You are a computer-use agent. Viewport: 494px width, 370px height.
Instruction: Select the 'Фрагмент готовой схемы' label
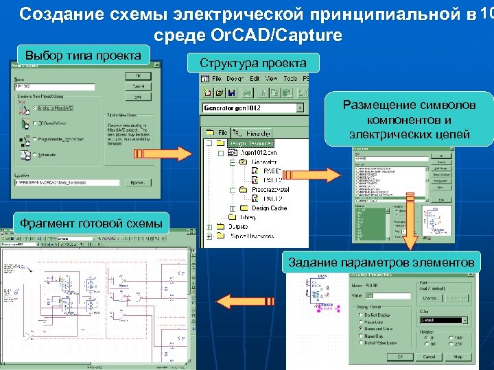(91, 223)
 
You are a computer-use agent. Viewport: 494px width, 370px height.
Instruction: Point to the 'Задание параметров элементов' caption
(381, 262)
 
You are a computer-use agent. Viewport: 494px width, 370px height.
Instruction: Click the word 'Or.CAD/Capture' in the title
(248, 36)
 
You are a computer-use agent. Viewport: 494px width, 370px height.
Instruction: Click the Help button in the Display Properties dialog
(458, 357)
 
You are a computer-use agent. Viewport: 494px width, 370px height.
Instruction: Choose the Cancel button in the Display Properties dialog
(429, 357)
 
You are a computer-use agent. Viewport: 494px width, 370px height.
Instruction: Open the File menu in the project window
(216, 79)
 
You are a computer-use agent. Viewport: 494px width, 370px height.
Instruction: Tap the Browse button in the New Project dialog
(138, 182)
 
